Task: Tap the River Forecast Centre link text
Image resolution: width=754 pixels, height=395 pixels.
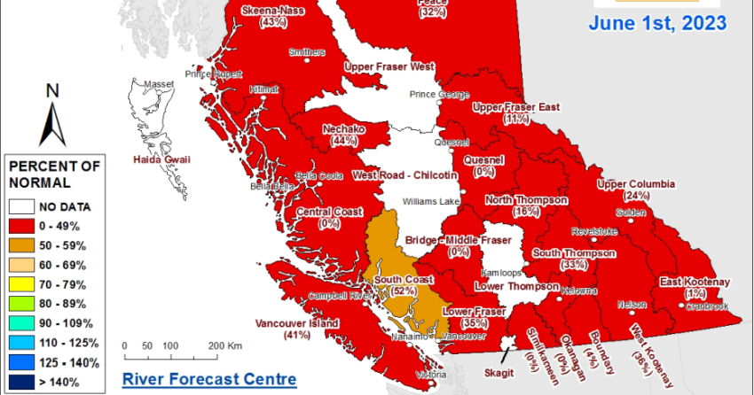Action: (208, 379)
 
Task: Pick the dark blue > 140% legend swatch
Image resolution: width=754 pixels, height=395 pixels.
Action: (23, 382)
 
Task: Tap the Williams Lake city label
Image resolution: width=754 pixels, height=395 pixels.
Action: (430, 202)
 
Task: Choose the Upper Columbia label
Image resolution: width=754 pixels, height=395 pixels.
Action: (636, 184)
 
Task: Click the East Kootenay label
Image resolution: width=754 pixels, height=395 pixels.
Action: (695, 283)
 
